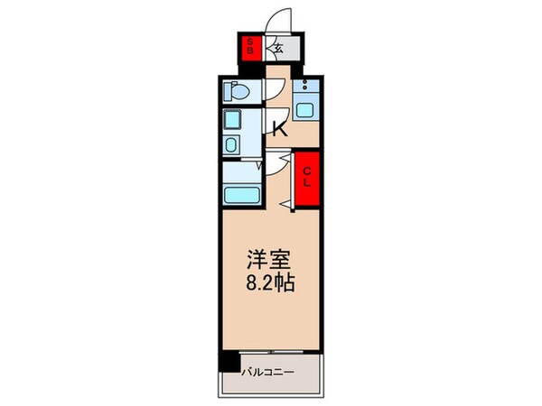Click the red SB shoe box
(250, 46)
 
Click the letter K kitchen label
(279, 128)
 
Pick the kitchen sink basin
(306, 109)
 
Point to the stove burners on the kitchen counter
(306, 88)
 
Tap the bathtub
(241, 194)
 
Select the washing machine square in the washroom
(232, 122)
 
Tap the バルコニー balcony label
(267, 370)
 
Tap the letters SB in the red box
(250, 46)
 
